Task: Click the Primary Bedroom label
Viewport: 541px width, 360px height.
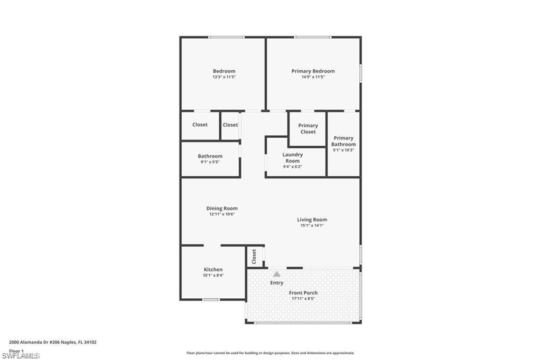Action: click(x=313, y=71)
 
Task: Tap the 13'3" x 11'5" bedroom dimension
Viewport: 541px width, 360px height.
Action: click(x=224, y=77)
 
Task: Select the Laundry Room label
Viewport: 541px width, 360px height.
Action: click(x=292, y=158)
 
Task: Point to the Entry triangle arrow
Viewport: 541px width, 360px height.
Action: click(x=276, y=274)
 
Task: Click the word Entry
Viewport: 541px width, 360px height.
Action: click(x=277, y=283)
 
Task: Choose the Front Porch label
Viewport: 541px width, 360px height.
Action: click(x=303, y=292)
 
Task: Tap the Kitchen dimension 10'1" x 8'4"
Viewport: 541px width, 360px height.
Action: click(x=213, y=275)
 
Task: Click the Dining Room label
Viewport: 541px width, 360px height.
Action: click(x=222, y=208)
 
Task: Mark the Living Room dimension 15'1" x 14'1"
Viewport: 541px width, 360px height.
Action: click(x=312, y=225)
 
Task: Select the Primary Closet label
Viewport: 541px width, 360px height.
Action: click(x=308, y=129)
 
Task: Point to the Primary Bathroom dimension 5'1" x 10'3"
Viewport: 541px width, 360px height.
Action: click(x=343, y=150)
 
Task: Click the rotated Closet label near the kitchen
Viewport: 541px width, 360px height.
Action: click(x=254, y=257)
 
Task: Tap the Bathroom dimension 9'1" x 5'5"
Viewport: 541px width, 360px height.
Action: click(x=210, y=162)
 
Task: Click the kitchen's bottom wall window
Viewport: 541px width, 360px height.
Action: click(x=211, y=300)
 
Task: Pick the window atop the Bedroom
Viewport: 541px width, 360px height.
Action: click(x=226, y=37)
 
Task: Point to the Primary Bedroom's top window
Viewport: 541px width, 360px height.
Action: click(x=313, y=37)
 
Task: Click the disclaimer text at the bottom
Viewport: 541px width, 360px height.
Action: click(x=270, y=353)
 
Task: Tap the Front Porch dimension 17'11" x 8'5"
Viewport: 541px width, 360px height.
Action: click(x=303, y=298)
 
